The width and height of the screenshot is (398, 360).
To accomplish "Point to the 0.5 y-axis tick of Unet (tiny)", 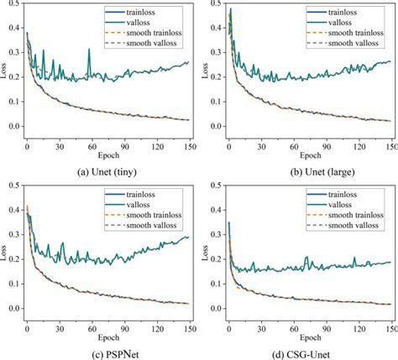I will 13,6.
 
